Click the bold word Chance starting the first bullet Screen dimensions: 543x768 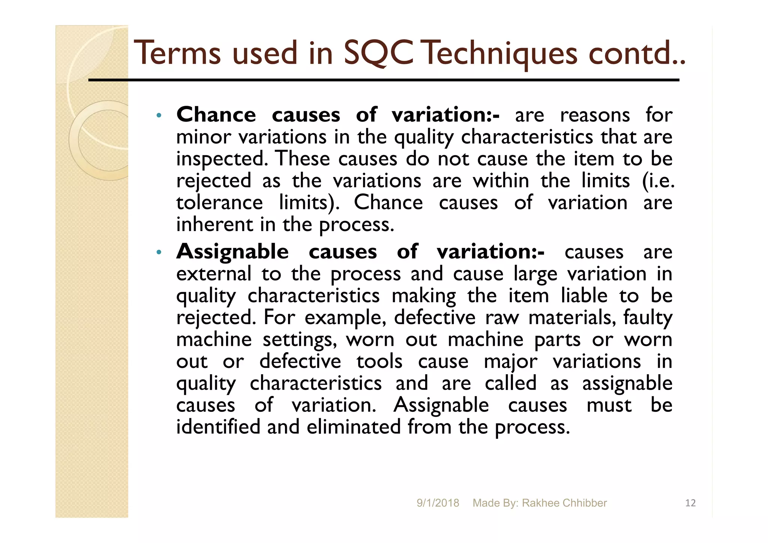click(x=216, y=115)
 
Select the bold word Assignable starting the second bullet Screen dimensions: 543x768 click(x=232, y=252)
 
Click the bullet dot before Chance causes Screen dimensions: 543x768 click(x=159, y=115)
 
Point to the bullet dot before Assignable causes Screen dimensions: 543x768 click(x=159, y=252)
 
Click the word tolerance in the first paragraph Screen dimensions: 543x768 click(x=220, y=203)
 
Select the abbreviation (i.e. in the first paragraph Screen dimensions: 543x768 click(x=658, y=181)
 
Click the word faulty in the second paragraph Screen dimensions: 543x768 click(x=648, y=318)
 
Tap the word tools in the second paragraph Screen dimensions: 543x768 click(x=379, y=361)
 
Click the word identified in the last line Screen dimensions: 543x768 click(x=218, y=427)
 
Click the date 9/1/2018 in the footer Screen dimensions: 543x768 click(x=438, y=503)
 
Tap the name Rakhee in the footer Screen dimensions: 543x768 click(x=538, y=503)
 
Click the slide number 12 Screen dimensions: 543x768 click(x=690, y=503)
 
